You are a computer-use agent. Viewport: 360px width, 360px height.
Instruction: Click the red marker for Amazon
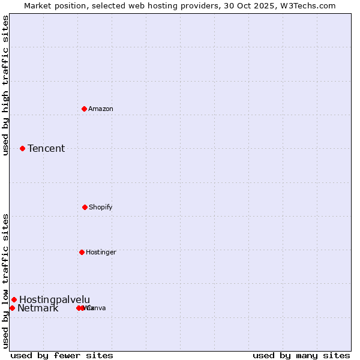tap(84, 109)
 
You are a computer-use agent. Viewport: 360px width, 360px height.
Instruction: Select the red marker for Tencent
tap(22, 148)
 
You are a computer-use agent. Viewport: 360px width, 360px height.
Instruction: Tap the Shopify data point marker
tap(85, 207)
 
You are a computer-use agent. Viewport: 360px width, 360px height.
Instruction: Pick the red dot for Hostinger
tap(82, 252)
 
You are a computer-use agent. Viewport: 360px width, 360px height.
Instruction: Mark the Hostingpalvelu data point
tap(14, 299)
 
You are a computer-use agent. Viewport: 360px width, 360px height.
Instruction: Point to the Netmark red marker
tap(12, 308)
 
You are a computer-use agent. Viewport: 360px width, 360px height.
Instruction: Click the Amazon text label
tap(101, 109)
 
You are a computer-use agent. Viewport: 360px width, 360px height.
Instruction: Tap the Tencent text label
tap(46, 148)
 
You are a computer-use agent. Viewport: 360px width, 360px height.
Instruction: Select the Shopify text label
tap(101, 207)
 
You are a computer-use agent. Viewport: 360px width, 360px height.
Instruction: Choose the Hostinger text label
tap(101, 252)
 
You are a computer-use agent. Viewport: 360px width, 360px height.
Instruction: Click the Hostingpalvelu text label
tap(55, 299)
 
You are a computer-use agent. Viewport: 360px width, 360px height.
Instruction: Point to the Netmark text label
tap(38, 308)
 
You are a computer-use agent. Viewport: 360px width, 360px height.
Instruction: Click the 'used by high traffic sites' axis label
tap(5, 85)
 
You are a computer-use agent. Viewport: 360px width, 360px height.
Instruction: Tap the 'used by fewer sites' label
tap(62, 355)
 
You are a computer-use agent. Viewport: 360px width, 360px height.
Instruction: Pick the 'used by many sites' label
tap(301, 355)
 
